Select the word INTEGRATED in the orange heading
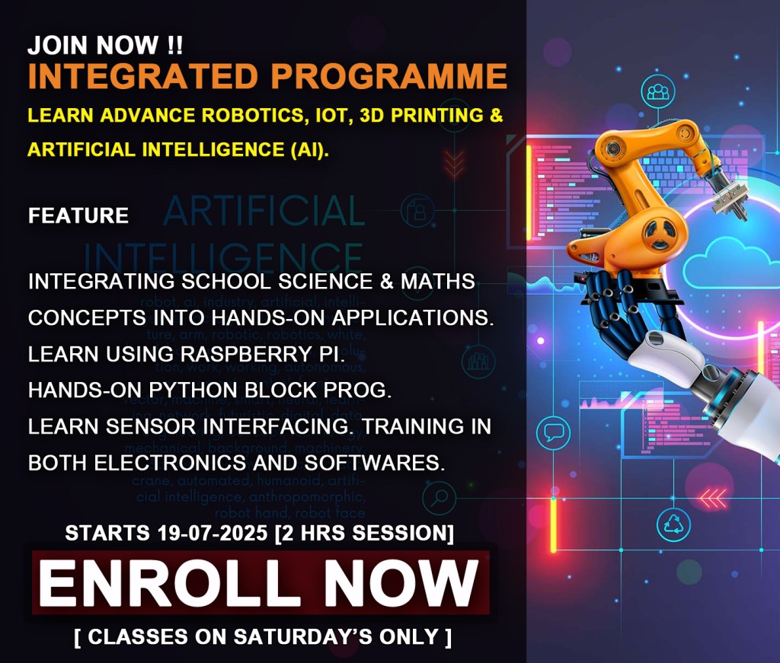pos(142,77)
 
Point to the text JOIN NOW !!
pos(105,46)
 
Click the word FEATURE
pos(78,216)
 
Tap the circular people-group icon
pos(656,94)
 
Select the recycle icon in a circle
pos(674,523)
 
